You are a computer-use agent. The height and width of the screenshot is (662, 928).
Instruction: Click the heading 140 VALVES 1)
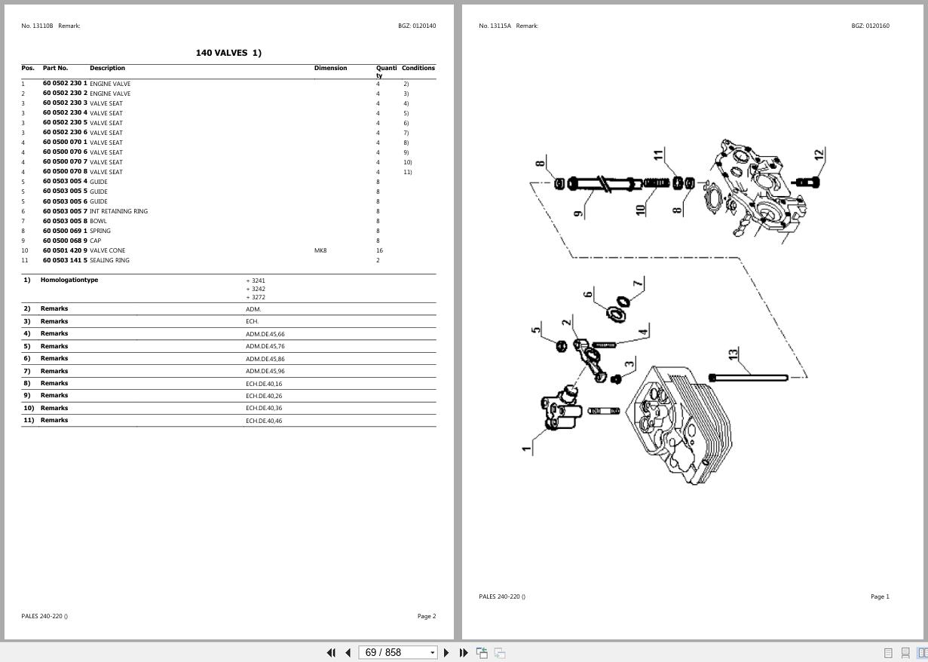click(228, 53)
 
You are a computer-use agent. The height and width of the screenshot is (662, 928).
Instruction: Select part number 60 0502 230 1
click(65, 84)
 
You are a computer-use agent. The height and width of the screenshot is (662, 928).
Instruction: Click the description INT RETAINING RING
click(118, 211)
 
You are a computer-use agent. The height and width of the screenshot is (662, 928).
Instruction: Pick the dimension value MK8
click(320, 250)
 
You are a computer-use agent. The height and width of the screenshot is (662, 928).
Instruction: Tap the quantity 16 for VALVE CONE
click(379, 250)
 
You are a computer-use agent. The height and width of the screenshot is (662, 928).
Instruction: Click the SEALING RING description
click(109, 260)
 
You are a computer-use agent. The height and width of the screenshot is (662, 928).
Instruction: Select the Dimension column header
click(330, 68)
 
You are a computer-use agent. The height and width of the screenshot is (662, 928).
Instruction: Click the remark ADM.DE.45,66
click(265, 334)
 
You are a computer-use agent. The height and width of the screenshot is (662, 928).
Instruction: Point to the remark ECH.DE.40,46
click(264, 421)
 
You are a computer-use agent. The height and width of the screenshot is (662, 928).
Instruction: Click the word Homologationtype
click(69, 280)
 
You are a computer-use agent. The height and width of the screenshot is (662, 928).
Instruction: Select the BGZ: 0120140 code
click(417, 26)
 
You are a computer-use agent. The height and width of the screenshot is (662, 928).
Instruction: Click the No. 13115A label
click(495, 26)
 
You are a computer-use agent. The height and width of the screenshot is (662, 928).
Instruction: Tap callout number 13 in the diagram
click(733, 354)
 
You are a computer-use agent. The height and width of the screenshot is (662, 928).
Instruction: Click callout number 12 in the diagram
click(819, 155)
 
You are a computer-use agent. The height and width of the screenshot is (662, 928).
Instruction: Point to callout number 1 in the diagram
click(525, 449)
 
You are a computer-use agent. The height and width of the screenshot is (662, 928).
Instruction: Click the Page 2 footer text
click(426, 616)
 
